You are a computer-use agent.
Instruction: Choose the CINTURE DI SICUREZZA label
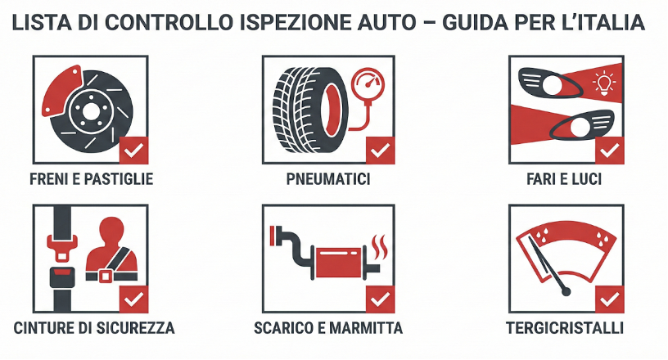94,328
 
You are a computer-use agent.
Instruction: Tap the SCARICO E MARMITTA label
328,328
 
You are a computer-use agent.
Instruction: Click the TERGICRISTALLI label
565,328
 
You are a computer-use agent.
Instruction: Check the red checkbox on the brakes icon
133,151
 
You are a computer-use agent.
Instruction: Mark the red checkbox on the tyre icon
380,151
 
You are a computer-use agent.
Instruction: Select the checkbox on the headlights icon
610,151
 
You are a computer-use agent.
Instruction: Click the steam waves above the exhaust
379,243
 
